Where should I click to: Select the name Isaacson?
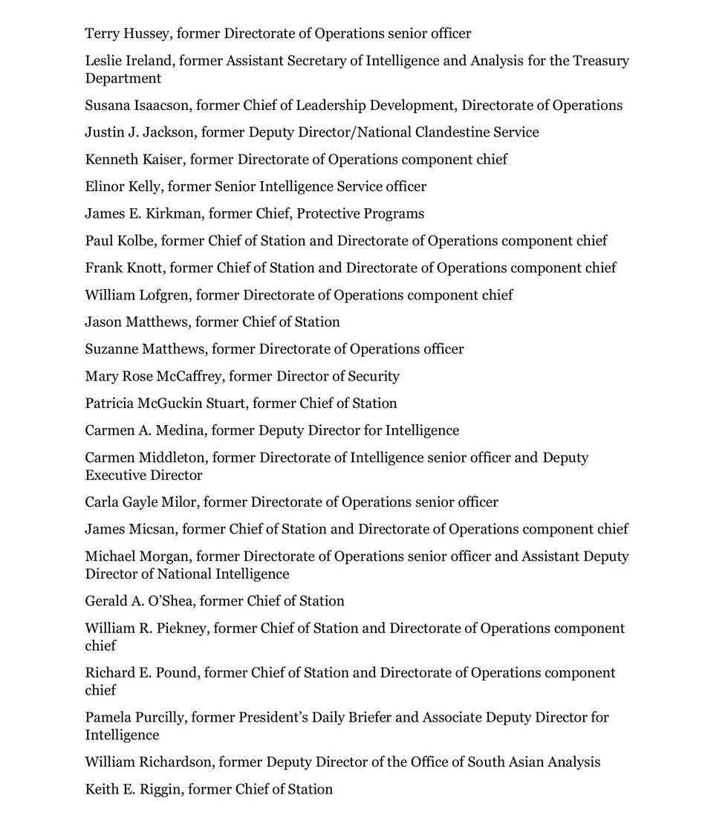162,106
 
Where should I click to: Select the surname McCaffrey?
188,376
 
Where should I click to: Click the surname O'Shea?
169,601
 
